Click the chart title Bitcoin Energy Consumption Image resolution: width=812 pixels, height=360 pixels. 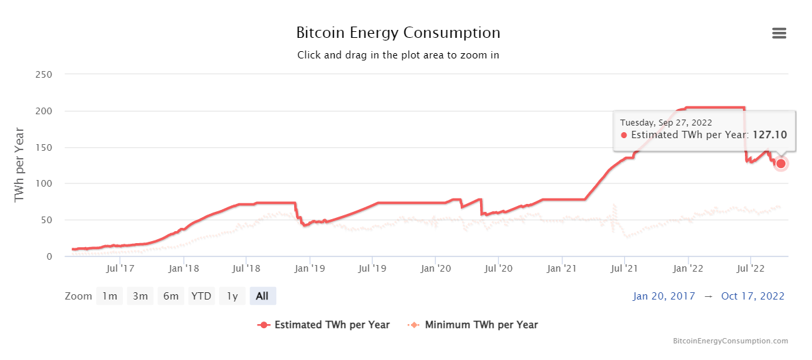tap(398, 33)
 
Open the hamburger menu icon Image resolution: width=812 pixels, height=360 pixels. tap(779, 33)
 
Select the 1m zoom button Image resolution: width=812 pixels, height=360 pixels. tap(110, 296)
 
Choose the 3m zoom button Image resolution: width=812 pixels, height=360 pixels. tap(140, 296)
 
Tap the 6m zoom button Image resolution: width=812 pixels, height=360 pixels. tap(171, 296)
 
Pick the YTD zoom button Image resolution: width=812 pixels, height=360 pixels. tap(201, 296)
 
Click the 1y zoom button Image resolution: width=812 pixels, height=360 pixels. tap(232, 296)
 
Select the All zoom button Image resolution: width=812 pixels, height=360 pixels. tap(262, 296)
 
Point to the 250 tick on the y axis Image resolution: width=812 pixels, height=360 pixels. tap(43, 74)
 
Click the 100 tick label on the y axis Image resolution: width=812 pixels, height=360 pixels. tap(43, 183)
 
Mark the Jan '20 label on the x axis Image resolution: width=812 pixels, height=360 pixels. tap(436, 268)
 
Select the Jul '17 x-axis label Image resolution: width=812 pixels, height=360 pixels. tap(120, 268)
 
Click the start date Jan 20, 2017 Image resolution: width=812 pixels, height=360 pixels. tap(664, 296)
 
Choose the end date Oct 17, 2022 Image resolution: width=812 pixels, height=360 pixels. tap(752, 296)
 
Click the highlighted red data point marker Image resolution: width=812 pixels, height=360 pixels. tap(781, 163)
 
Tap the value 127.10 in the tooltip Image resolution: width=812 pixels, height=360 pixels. tap(770, 135)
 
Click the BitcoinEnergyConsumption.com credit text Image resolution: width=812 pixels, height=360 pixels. tap(730, 341)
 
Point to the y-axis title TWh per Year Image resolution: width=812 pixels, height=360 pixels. tap(19, 165)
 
